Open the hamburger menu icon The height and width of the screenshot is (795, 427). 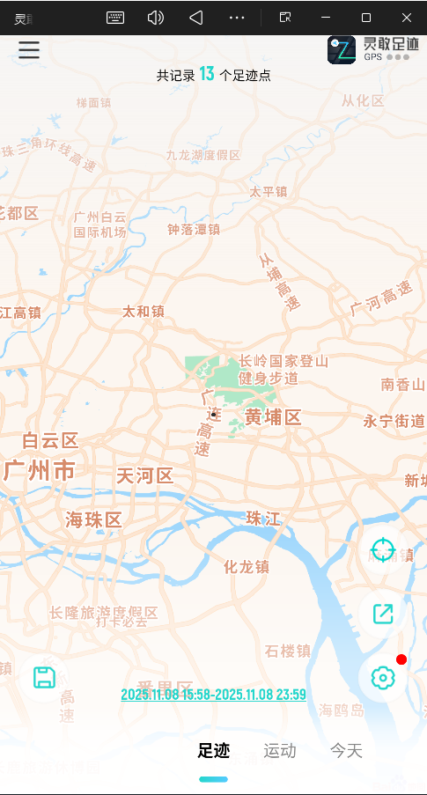tap(29, 49)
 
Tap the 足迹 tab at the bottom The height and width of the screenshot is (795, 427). tap(213, 751)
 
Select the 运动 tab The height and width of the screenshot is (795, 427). tap(280, 751)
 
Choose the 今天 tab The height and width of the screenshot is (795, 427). tap(346, 751)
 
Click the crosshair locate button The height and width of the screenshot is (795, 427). tap(383, 551)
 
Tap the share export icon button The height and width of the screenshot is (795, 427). tap(383, 614)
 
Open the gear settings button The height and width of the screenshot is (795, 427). tap(383, 678)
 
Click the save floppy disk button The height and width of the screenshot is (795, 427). tap(45, 677)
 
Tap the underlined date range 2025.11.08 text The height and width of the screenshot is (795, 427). tap(213, 695)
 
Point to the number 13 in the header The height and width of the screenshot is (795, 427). tap(207, 75)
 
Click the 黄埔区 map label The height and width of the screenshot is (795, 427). tap(273, 417)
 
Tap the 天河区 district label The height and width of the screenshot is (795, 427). tap(144, 476)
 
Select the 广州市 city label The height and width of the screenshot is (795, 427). tap(40, 470)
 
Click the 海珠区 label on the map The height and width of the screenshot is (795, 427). tap(93, 519)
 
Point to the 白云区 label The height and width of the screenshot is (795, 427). tap(50, 440)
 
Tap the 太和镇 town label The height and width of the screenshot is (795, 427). tap(144, 311)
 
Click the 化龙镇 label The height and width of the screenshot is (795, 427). tap(247, 567)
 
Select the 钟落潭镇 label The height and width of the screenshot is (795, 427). tap(194, 229)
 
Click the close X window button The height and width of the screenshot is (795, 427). tap(407, 18)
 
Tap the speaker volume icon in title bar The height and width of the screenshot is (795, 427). tap(156, 18)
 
